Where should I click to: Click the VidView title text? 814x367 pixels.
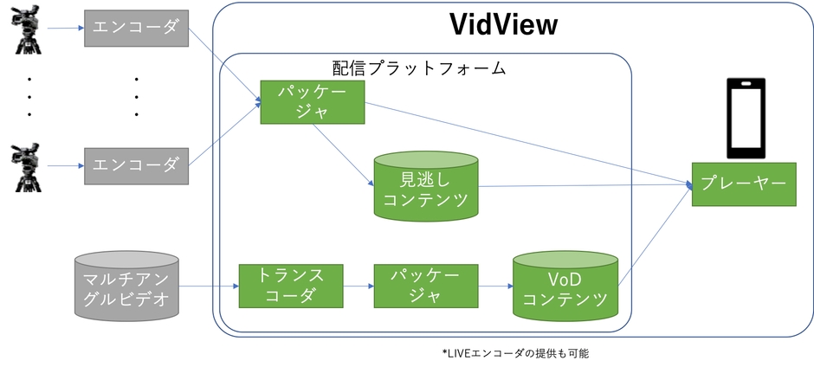click(x=503, y=24)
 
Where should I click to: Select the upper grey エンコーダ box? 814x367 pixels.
click(x=135, y=29)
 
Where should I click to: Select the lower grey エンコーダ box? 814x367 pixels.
click(x=135, y=162)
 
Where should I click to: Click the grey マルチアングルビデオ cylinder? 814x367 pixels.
click(x=126, y=287)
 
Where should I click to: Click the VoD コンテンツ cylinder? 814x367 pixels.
click(x=565, y=287)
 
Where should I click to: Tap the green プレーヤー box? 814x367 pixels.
click(x=743, y=183)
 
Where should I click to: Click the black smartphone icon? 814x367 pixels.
click(x=745, y=118)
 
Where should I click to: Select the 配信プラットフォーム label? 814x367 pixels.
click(x=419, y=68)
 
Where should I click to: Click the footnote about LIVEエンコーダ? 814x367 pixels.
click(x=520, y=353)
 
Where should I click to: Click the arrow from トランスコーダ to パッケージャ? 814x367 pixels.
click(x=358, y=287)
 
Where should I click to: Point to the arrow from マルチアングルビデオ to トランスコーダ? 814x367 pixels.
click(x=208, y=287)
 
